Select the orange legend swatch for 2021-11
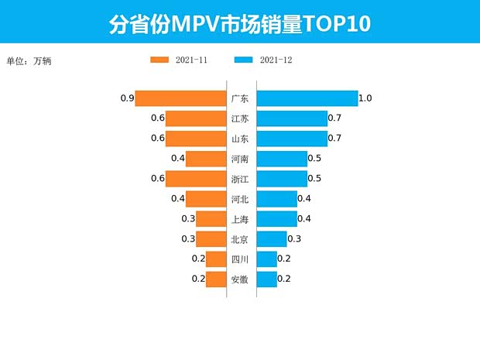(x=159, y=60)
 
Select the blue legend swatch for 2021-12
(x=243, y=60)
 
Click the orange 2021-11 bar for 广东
(x=180, y=98)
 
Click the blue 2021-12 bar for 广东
(x=307, y=98)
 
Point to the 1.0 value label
(x=366, y=98)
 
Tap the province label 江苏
(x=240, y=118)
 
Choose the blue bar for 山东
(x=292, y=139)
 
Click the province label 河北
(x=240, y=199)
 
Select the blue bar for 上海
(x=276, y=219)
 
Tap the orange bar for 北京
(x=210, y=239)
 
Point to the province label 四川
(x=240, y=259)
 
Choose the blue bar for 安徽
(x=266, y=279)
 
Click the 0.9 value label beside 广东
(x=128, y=98)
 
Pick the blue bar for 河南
(x=281, y=159)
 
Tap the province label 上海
(x=240, y=219)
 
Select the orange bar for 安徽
(x=215, y=279)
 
